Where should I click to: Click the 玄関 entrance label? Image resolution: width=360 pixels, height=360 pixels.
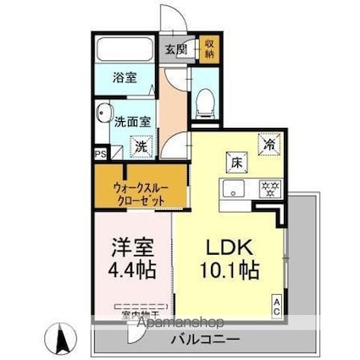[x=175, y=50]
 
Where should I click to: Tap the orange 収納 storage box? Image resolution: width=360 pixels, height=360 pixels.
[x=209, y=48]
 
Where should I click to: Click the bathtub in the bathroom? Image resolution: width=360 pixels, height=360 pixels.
[x=124, y=49]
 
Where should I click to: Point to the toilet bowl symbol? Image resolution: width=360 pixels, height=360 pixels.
[x=203, y=102]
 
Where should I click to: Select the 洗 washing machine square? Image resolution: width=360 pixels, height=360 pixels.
[x=140, y=147]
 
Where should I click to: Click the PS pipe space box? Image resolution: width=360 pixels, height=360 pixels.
[x=100, y=153]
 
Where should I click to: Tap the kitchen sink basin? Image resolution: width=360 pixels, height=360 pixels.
[x=233, y=188]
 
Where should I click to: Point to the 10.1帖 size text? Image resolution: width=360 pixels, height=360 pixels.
[x=230, y=274]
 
